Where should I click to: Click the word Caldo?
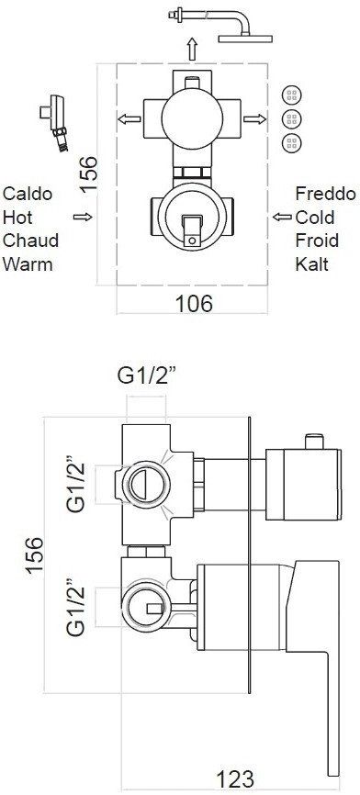click(x=28, y=193)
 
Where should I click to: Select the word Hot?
click(x=17, y=217)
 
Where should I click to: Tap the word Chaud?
click(x=30, y=240)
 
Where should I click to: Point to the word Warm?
click(x=28, y=263)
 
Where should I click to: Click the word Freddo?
click(x=325, y=193)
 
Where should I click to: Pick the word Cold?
click(x=315, y=217)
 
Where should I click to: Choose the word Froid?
click(x=317, y=240)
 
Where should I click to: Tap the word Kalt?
click(x=312, y=263)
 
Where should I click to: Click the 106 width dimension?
click(x=194, y=304)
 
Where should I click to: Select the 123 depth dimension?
click(x=235, y=778)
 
